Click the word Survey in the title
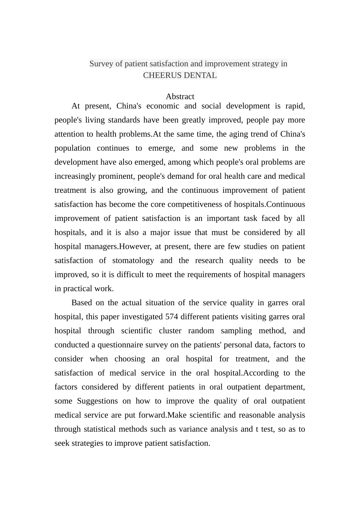[101, 64]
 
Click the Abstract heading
[180, 97]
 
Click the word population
[72, 148]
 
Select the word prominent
[116, 176]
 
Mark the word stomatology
[133, 261]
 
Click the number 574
[172, 317]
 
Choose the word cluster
[170, 331]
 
